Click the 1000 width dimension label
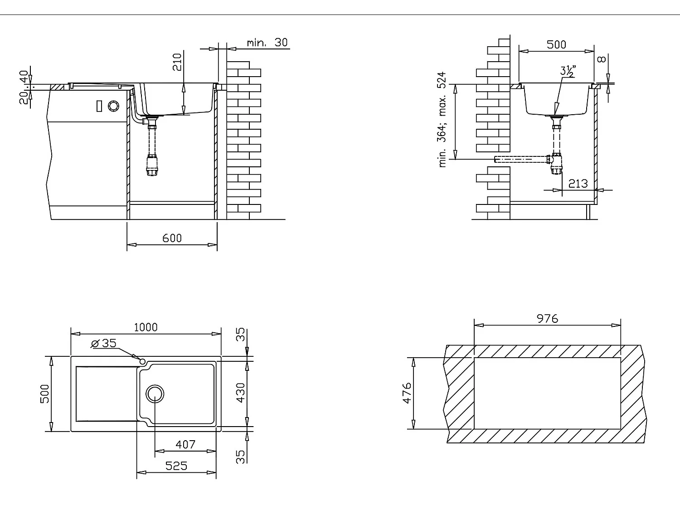pos(146,327)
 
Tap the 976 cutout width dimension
pos(548,319)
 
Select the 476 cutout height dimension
pos(407,393)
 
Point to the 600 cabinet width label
pos(172,238)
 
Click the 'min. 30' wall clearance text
pos(267,43)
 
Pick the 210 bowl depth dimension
pos(177,62)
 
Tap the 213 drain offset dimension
pos(578,184)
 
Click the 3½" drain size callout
pos(568,71)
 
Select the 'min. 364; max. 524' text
pos(442,120)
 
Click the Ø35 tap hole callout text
pos(104,343)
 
